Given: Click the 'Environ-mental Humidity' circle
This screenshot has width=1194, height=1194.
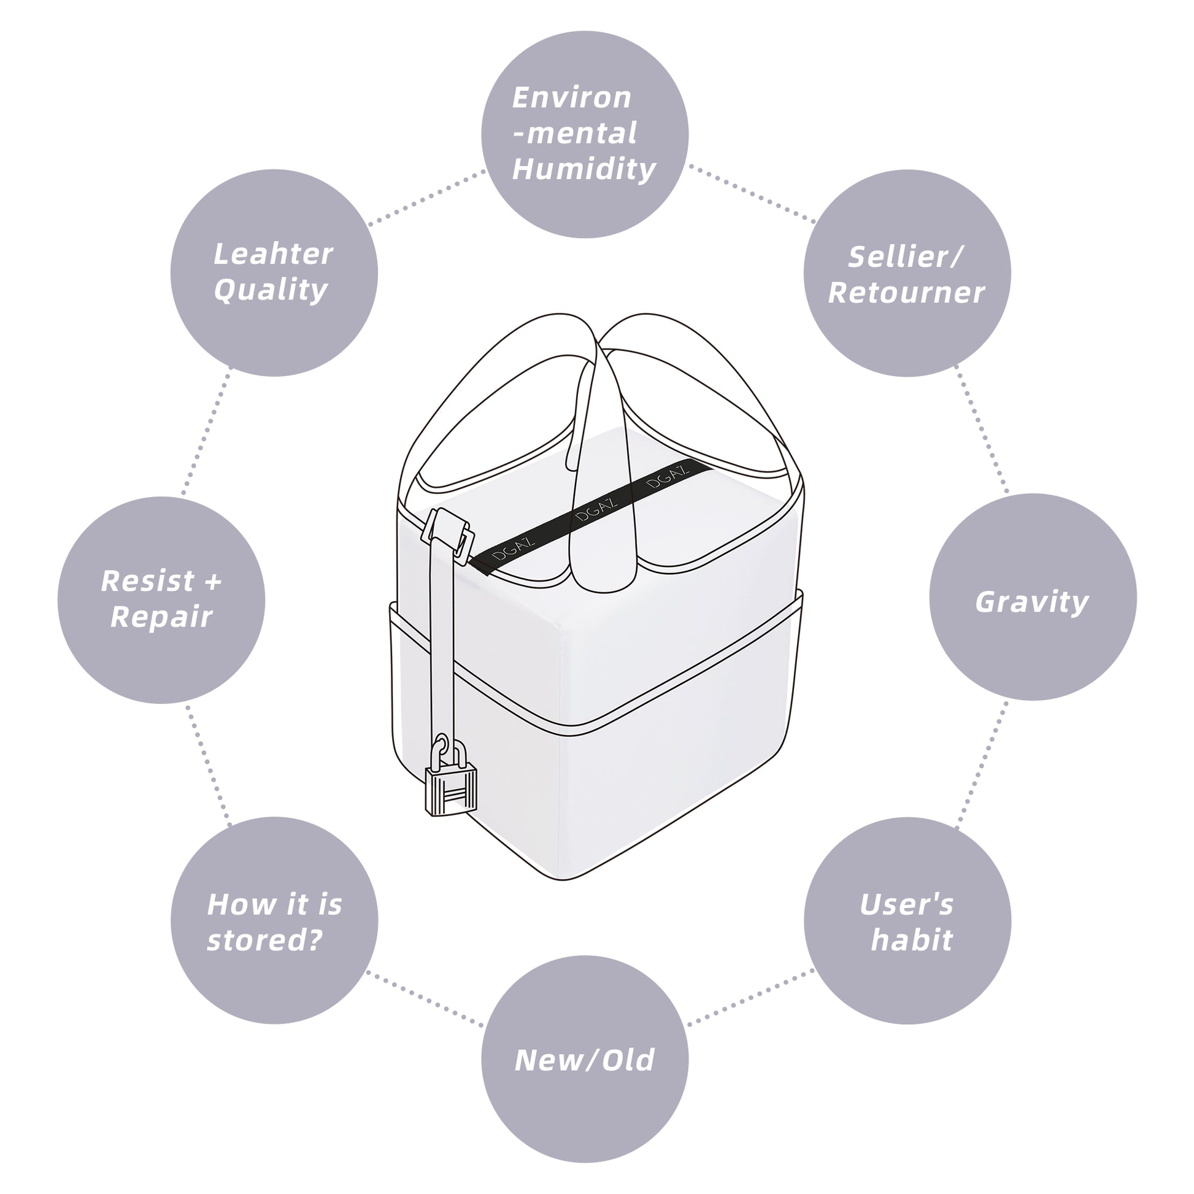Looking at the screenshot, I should coord(585,134).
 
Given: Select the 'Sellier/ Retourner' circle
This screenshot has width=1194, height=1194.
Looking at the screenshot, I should coord(907,272).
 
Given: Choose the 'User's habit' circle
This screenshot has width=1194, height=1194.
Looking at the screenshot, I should coord(907,921).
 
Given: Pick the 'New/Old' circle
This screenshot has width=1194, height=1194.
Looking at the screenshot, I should coord(585,1059).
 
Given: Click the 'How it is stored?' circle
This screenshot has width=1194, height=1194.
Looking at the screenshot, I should coord(274,921).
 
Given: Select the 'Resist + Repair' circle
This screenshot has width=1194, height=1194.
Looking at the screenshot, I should coord(161,600).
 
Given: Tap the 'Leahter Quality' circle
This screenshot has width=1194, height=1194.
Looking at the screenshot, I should coord(274,272).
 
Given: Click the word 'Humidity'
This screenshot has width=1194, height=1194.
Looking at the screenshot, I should coord(584,169).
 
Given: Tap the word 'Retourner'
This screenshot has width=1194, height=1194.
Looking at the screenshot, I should coord(906,293).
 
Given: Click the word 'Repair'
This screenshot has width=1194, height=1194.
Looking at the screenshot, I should coord(161,617).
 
